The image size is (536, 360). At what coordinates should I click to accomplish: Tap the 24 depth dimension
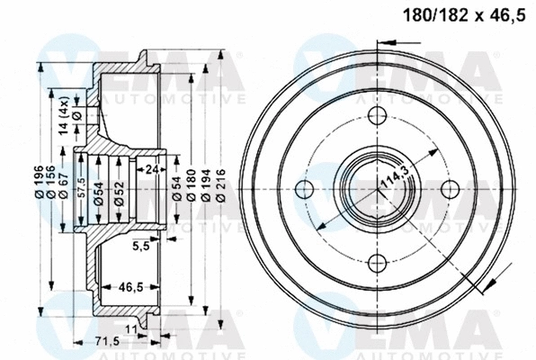151,167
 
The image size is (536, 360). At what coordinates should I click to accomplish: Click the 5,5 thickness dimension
140,245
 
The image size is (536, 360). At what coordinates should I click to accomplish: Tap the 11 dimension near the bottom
131,331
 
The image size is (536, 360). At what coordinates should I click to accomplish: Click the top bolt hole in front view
378,115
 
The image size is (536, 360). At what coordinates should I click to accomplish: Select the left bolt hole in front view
305,187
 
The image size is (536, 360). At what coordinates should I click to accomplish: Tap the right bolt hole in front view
451,187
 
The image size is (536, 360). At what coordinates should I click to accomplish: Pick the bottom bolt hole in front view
378,261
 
